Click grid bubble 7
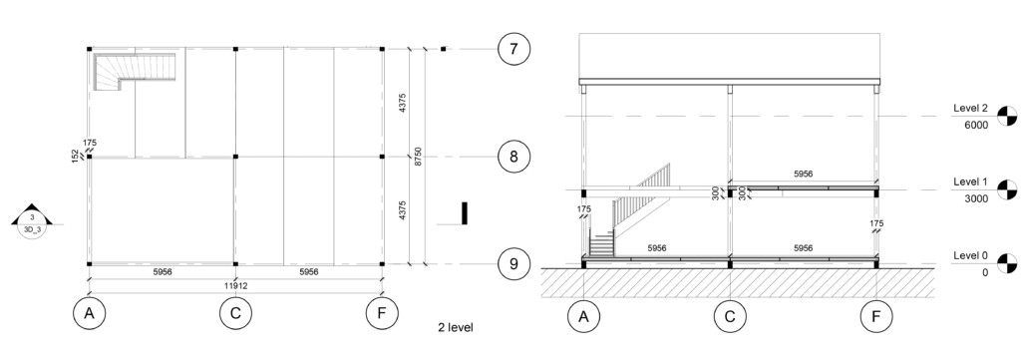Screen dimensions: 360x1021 (513, 48)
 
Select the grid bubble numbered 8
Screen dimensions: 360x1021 (513, 157)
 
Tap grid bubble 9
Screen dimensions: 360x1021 (513, 264)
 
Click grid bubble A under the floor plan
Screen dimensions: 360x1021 (90, 314)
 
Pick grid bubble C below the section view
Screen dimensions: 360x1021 (730, 318)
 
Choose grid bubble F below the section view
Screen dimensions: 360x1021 (876, 318)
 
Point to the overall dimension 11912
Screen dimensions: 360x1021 (236, 285)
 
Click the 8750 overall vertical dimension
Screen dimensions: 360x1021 (419, 157)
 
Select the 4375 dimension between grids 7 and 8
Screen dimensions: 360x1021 (402, 102)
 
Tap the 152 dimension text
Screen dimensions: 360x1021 (75, 157)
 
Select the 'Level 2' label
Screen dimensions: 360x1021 (970, 108)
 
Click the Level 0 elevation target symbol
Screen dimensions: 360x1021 (1009, 264)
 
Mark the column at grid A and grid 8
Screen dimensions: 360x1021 (90, 157)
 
